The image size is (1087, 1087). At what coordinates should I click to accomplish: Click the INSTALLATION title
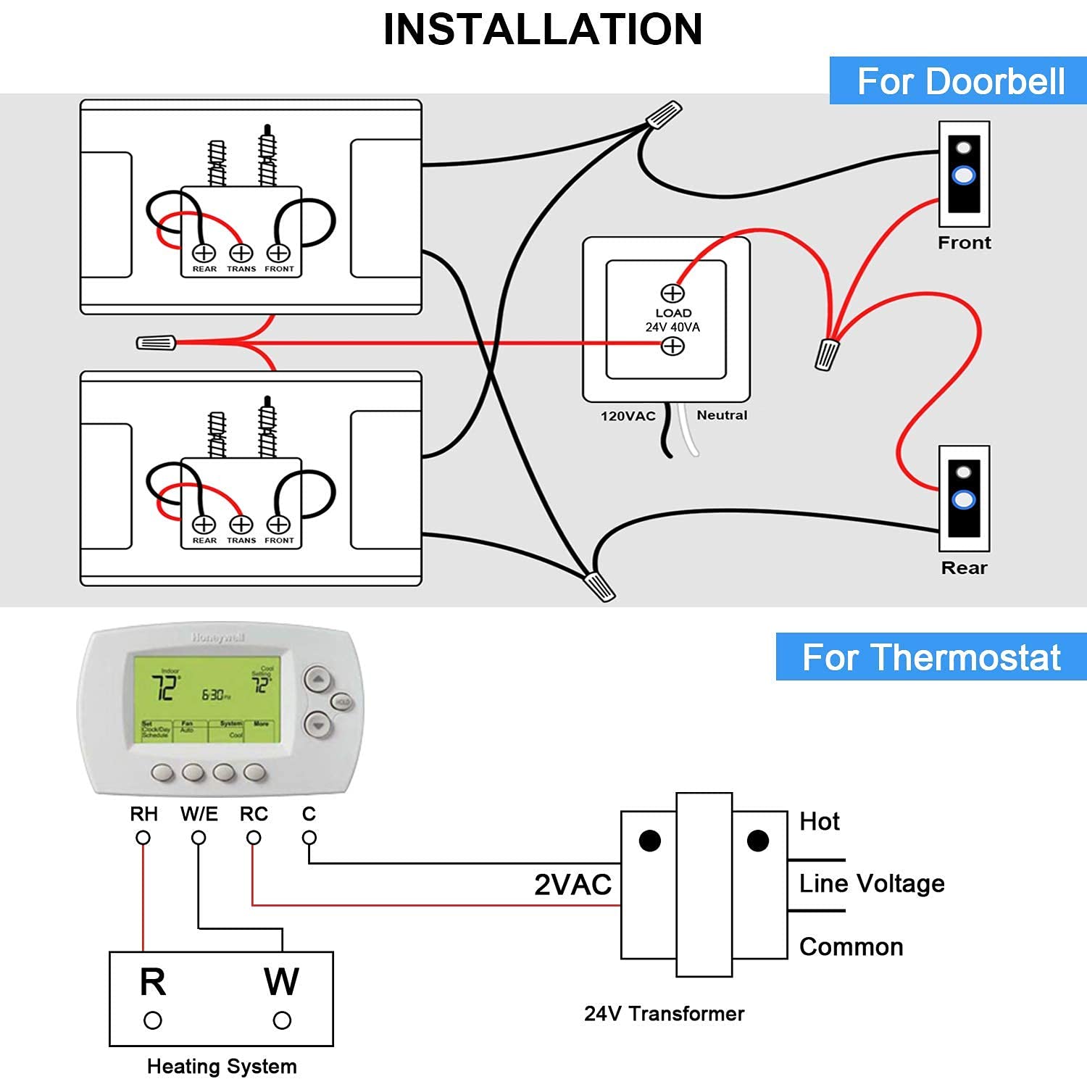pos(543,30)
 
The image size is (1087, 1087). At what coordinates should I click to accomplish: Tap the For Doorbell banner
pos(960,80)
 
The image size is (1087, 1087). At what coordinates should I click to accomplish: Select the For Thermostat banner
pos(931,657)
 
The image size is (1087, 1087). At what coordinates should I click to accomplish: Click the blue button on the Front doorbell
pos(964,175)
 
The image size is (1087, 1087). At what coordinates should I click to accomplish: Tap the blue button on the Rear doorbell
pos(964,499)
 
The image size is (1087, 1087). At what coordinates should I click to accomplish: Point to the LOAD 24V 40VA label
pos(673,320)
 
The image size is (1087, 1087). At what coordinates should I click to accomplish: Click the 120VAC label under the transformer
pos(628,416)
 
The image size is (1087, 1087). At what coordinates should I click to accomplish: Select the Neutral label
pos(722,415)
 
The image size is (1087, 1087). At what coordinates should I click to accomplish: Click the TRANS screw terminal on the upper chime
pos(241,253)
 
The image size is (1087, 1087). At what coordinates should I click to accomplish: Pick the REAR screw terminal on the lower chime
pos(204,524)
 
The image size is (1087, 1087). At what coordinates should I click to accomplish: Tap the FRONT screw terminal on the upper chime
pos(279,253)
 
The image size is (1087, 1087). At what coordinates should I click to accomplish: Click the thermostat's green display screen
pos(207,699)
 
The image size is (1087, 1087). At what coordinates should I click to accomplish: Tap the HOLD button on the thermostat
pos(342,701)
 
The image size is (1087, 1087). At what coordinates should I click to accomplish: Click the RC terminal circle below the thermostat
pos(254,838)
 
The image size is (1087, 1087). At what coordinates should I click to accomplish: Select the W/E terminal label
pos(199,814)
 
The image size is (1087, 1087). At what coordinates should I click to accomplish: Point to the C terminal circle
pos(309,838)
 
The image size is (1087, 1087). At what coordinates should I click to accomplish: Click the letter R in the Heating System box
pos(153,982)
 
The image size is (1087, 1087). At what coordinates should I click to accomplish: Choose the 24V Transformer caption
pos(664,1013)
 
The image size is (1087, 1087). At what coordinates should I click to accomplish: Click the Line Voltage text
pos(872,883)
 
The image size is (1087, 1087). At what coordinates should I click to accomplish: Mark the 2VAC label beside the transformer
pos(572,884)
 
